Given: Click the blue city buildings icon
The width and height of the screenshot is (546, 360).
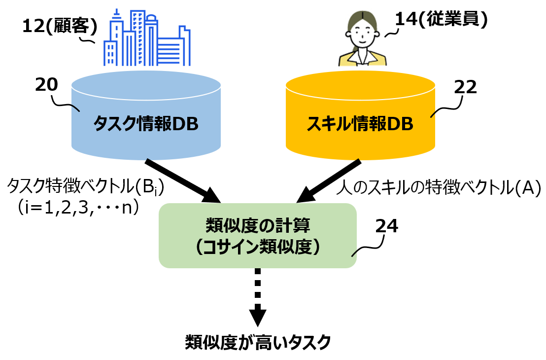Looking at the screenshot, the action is pyautogui.click(x=147, y=37).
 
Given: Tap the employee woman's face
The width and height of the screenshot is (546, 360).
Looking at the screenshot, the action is pyautogui.click(x=362, y=34).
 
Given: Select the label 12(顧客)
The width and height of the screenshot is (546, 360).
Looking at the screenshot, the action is pyautogui.click(x=60, y=26).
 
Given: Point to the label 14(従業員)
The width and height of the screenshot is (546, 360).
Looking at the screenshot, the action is pyautogui.click(x=441, y=19).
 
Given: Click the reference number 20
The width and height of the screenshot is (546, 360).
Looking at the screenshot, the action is pyautogui.click(x=47, y=85).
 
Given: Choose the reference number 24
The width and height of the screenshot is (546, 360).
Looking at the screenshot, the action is pyautogui.click(x=386, y=226).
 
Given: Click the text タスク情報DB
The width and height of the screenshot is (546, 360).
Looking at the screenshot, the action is pyautogui.click(x=146, y=123).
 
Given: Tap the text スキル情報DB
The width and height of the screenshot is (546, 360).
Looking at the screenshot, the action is pyautogui.click(x=360, y=123).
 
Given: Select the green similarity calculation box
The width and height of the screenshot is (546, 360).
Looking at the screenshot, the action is pyautogui.click(x=258, y=236).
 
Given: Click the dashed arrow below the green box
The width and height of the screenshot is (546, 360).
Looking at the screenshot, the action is pyautogui.click(x=258, y=297).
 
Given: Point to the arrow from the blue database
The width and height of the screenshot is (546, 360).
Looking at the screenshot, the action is pyautogui.click(x=183, y=180).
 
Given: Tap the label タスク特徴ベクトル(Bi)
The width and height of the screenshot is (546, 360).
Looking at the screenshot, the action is pyautogui.click(x=85, y=187).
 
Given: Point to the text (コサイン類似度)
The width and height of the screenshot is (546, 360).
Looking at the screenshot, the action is pyautogui.click(x=258, y=247).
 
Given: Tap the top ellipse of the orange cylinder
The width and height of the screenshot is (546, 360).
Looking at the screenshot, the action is pyautogui.click(x=360, y=85).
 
